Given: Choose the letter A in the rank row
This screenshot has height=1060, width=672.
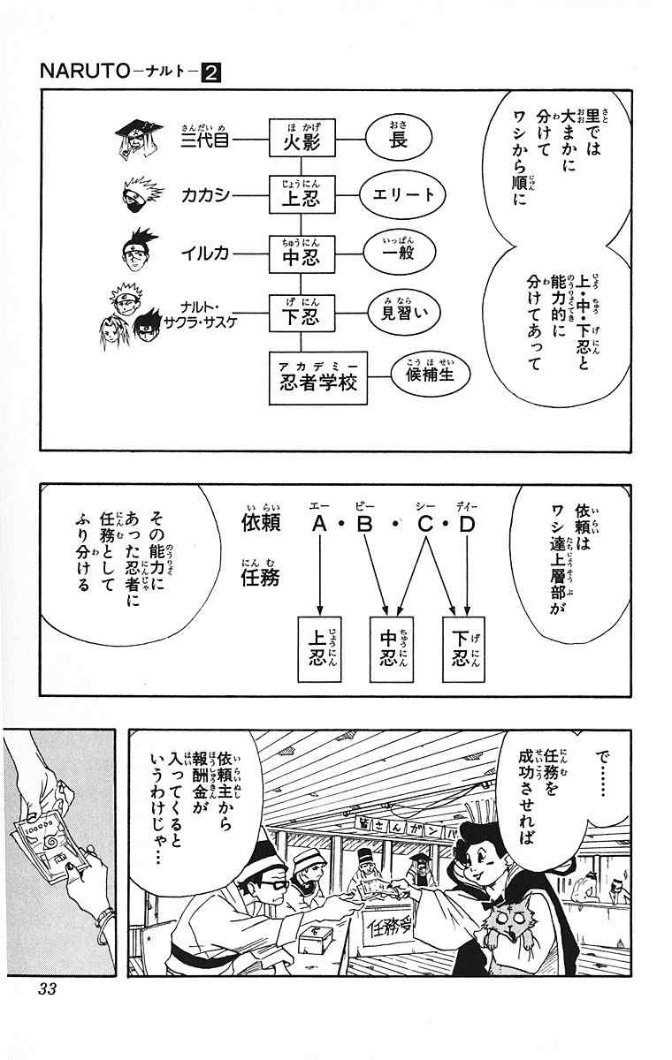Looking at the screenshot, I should pos(319,525).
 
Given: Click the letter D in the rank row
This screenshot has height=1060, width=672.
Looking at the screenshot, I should pos(467,525).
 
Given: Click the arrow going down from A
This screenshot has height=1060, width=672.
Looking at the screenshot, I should pos(319,574).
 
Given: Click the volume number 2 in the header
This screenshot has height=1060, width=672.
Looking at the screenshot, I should pos(211,73).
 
